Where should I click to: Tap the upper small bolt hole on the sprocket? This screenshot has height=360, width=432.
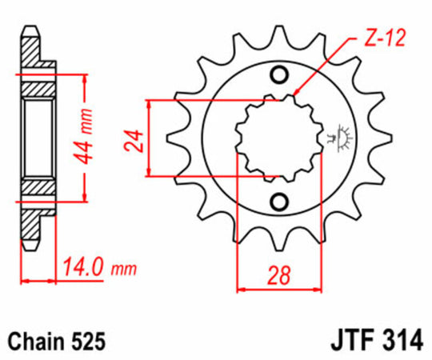(280, 76)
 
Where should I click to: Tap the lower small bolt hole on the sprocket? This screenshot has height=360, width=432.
(280, 200)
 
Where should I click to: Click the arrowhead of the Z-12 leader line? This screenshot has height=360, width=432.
(295, 94)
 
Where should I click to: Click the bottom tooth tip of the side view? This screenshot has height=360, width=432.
(31, 245)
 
